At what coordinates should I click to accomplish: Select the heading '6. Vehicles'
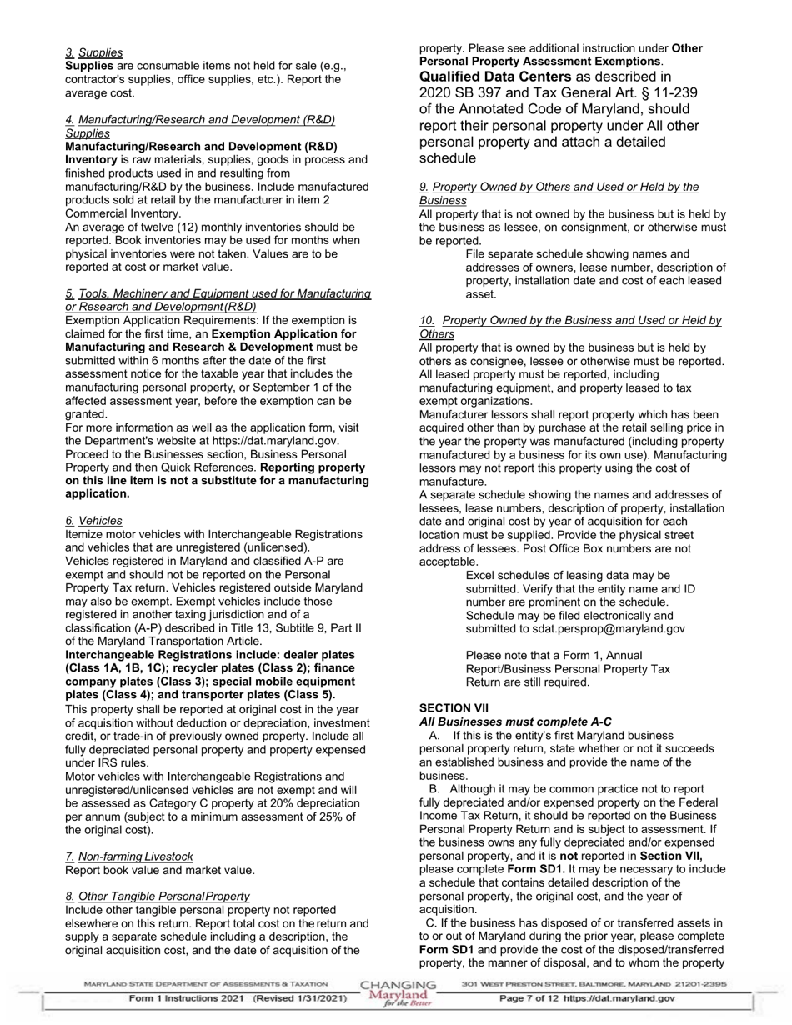(93, 521)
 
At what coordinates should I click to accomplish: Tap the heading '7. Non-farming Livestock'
(129, 857)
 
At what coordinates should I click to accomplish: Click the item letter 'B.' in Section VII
(434, 789)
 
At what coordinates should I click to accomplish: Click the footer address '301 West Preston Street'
(517, 984)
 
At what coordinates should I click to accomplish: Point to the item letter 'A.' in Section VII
(434, 736)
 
